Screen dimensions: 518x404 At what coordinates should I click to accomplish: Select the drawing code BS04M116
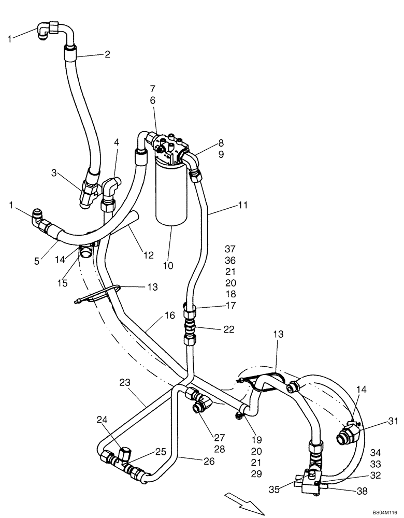click(384, 512)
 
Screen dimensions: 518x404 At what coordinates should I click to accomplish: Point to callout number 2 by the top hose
click(107, 54)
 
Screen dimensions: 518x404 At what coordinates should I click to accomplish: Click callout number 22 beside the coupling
click(229, 329)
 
